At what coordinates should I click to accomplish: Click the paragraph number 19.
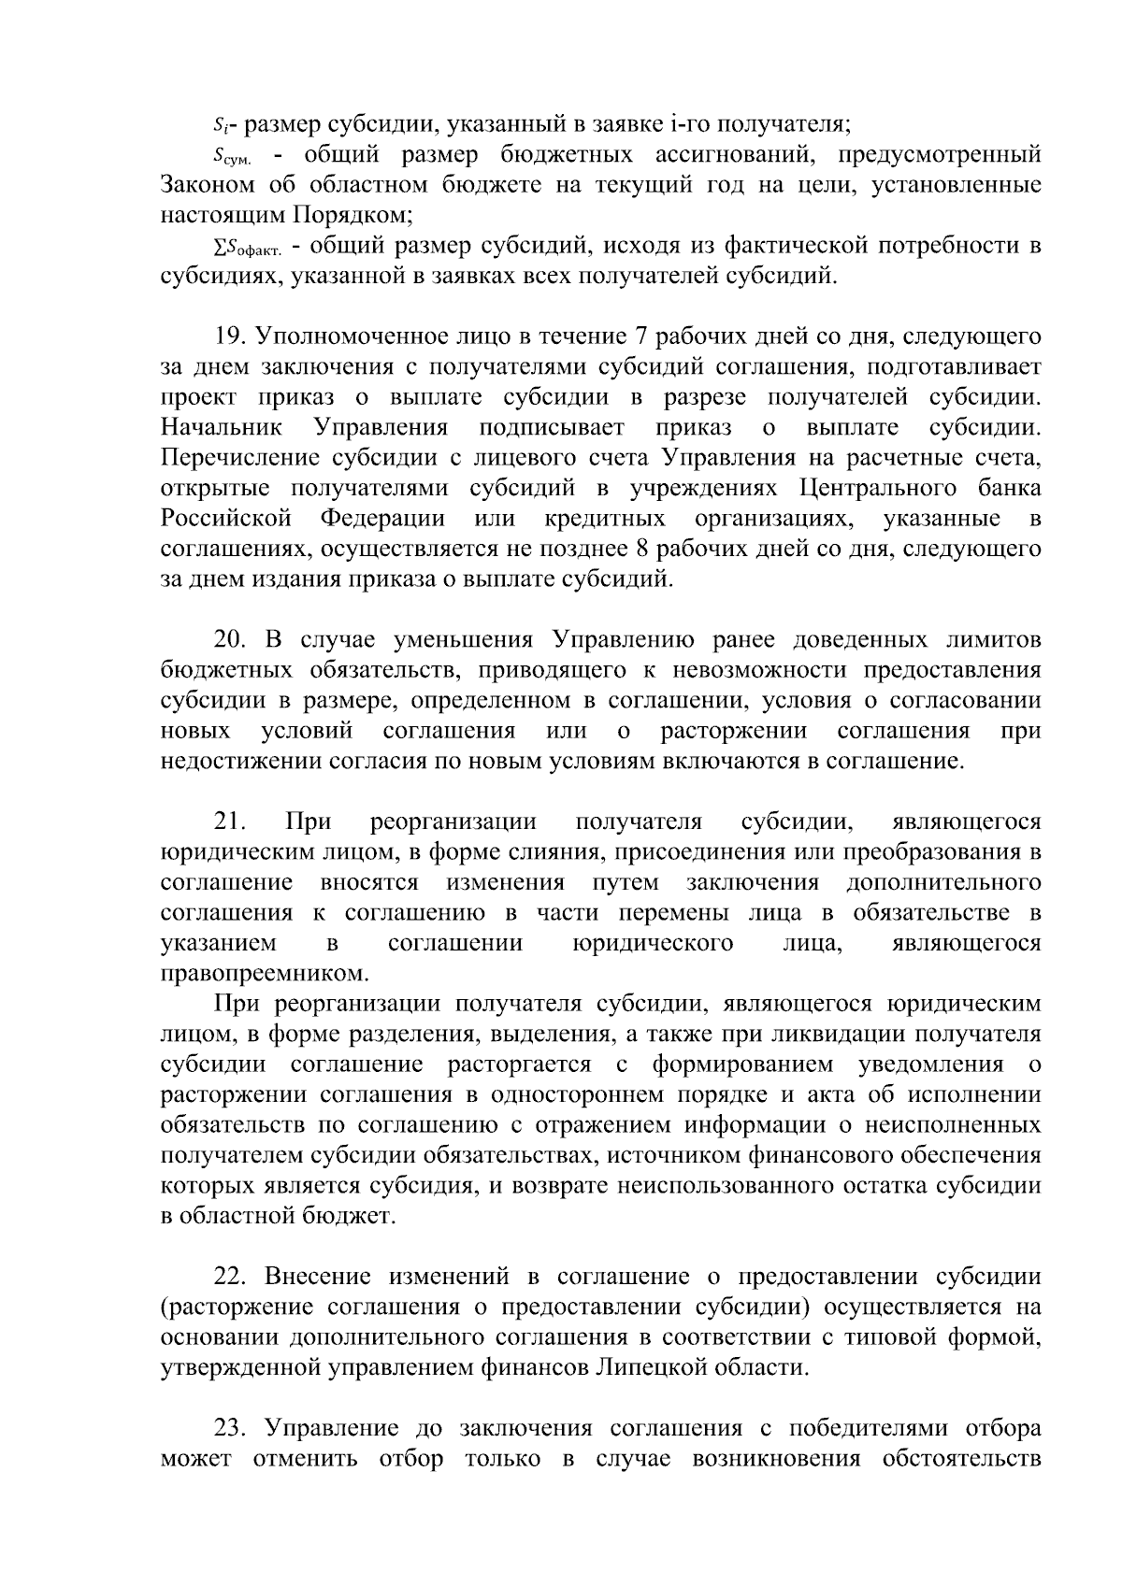pyautogui.click(x=230, y=336)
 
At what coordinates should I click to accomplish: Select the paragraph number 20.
pyautogui.click(x=230, y=640)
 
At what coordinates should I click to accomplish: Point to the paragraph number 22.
pyautogui.click(x=230, y=1278)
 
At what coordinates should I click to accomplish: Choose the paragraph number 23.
pyautogui.click(x=230, y=1429)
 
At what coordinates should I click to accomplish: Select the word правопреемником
pyautogui.click(x=259, y=974)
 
